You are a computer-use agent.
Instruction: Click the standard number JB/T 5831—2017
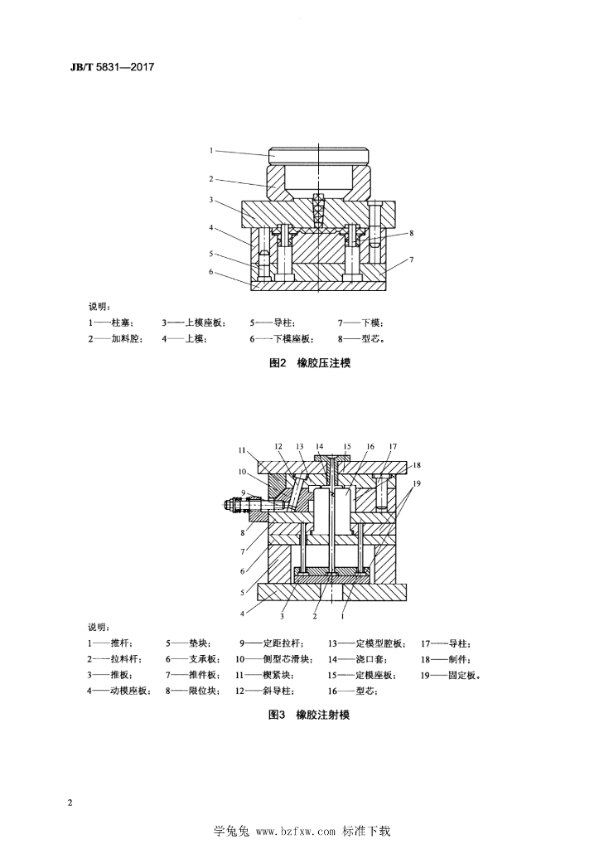click(x=113, y=67)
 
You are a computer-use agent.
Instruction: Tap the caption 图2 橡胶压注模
click(x=310, y=363)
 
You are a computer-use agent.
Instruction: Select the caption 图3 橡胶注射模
click(x=310, y=715)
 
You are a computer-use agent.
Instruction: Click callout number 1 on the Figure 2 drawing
click(x=211, y=151)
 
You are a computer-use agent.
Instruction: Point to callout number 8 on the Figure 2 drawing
click(x=411, y=233)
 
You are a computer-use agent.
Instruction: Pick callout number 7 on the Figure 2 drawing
click(x=411, y=260)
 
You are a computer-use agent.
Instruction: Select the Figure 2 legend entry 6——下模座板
click(x=282, y=339)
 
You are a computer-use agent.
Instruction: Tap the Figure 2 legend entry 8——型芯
click(x=362, y=339)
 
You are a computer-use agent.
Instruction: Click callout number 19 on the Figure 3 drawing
click(x=417, y=483)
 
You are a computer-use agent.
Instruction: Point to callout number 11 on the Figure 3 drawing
click(x=242, y=450)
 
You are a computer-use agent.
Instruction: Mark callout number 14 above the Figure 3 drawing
click(x=319, y=447)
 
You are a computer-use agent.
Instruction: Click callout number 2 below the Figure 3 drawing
click(x=315, y=616)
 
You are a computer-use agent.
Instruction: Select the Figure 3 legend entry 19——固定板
click(x=451, y=676)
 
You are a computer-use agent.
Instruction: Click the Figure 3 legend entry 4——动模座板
click(x=120, y=691)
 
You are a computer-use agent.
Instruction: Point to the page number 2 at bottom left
click(x=70, y=802)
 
